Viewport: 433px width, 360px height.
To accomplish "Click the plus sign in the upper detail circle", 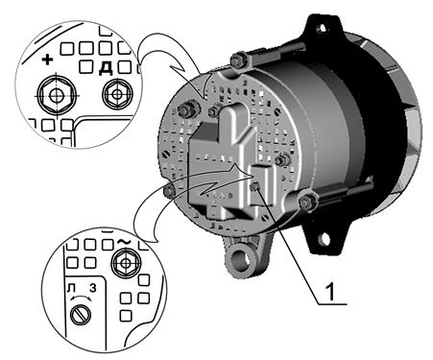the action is tap(47, 60).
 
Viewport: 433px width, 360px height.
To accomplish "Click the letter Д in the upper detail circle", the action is tap(106, 68).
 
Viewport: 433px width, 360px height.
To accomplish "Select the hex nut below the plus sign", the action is tap(57, 95).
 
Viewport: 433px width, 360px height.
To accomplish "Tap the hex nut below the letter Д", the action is tap(117, 94).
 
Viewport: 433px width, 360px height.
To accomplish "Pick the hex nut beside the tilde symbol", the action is tap(126, 263).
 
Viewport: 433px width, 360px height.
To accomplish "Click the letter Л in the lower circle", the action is tap(71, 288).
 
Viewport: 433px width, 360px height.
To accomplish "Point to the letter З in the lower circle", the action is tap(92, 288).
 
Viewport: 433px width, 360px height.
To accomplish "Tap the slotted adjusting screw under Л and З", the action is tap(81, 315).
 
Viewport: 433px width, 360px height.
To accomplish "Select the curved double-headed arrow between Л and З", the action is tap(82, 297).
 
